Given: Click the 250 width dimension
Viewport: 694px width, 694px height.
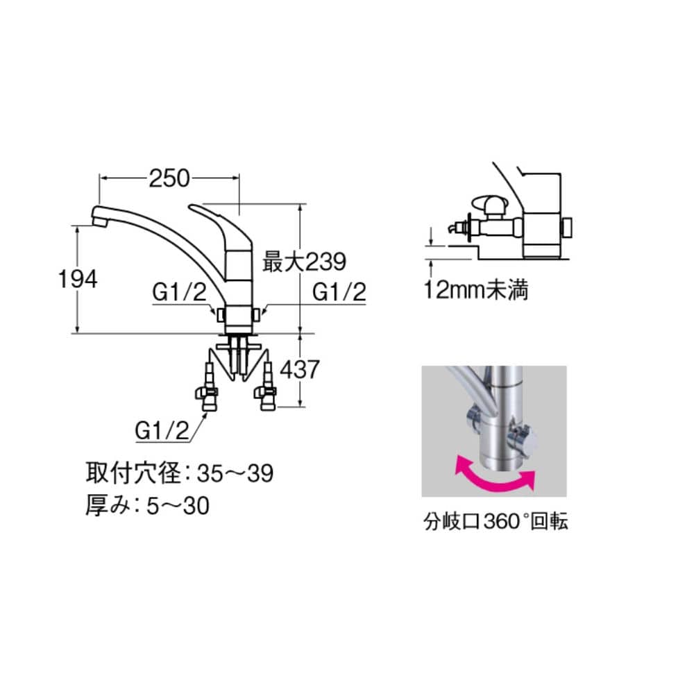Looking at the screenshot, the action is (x=169, y=178).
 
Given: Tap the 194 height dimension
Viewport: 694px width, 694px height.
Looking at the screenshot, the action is (x=78, y=279).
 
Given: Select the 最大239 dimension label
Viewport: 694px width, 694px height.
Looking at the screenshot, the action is (x=304, y=262).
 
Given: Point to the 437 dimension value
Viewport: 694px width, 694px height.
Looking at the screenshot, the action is (x=300, y=370).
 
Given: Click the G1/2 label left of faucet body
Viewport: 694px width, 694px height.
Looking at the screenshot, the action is (x=179, y=292).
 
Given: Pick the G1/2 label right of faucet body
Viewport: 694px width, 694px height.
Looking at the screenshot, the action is (x=339, y=292).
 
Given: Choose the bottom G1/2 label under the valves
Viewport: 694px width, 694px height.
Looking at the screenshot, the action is (x=162, y=430).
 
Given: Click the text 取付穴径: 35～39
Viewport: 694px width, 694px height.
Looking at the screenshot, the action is (x=180, y=473).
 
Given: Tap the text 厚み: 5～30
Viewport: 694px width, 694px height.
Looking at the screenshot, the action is (x=147, y=505).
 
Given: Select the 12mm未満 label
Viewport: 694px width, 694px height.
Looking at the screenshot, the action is (x=476, y=290).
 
